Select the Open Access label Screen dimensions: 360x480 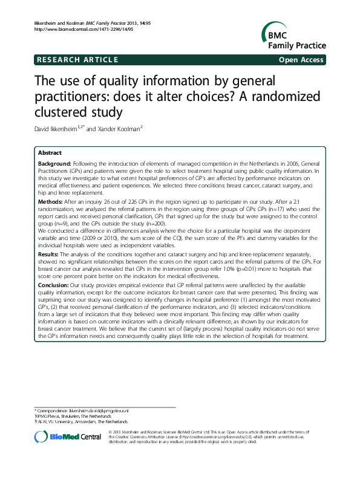point(302,59)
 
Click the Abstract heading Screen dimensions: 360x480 point(50,152)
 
